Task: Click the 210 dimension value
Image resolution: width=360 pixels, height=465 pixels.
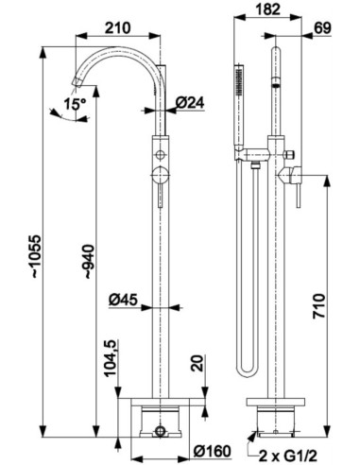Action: [117, 28]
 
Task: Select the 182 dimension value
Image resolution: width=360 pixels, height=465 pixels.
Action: [267, 9]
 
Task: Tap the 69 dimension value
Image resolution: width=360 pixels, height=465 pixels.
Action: [323, 28]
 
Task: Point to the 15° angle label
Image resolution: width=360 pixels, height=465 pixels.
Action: [75, 104]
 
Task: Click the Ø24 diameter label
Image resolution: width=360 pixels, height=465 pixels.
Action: [190, 103]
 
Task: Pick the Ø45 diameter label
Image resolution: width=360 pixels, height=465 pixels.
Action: [123, 300]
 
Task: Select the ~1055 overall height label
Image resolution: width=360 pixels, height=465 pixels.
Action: [36, 256]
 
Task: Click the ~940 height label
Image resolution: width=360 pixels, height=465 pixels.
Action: [89, 261]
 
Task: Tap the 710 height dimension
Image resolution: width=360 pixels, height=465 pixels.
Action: [318, 306]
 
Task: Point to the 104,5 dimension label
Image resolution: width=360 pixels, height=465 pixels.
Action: [111, 358]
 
